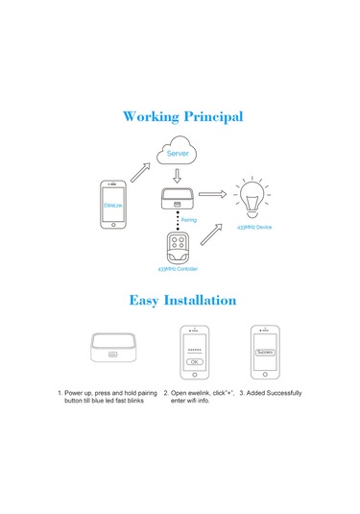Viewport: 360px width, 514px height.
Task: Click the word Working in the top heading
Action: [153, 117]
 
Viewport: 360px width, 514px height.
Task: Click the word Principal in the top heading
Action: [212, 117]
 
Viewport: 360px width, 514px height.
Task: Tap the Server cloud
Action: [178, 154]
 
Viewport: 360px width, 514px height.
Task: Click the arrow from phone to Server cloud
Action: [140, 171]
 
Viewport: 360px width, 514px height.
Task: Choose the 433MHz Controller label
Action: [176, 268]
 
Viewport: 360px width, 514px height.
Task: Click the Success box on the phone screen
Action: [265, 353]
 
